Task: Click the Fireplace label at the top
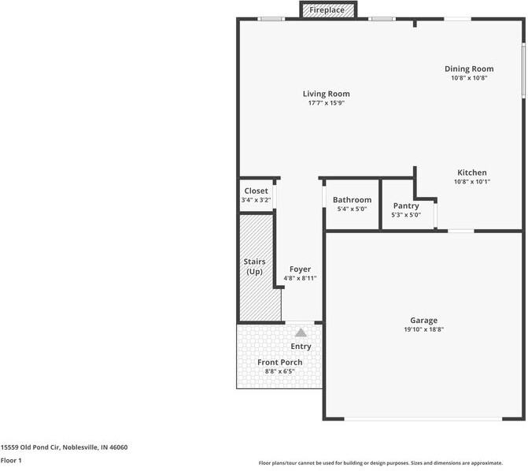point(326,10)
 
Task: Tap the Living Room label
point(326,94)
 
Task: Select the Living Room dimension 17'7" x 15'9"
point(326,103)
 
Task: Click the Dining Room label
point(469,69)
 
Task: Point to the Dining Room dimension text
point(469,78)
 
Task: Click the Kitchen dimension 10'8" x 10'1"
point(472,182)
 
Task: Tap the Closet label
point(256,191)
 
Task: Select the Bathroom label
point(352,200)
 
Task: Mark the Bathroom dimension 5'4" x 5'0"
point(352,209)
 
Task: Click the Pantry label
point(406,206)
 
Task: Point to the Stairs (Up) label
point(254,266)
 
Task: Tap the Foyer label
point(300,269)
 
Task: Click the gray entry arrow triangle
point(301,332)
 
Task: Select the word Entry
point(301,347)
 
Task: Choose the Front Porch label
point(280,362)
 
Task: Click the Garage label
point(423,321)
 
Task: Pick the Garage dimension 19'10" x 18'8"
point(423,330)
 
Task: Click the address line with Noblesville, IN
point(65,447)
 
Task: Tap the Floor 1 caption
point(11,460)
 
